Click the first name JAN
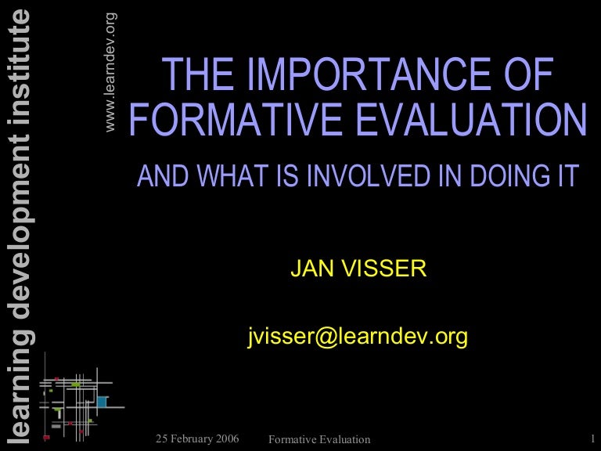point(309,270)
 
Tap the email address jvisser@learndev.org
point(357,337)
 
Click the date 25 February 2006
point(197,437)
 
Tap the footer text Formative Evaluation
point(318,439)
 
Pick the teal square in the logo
point(102,402)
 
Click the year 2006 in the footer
point(225,437)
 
